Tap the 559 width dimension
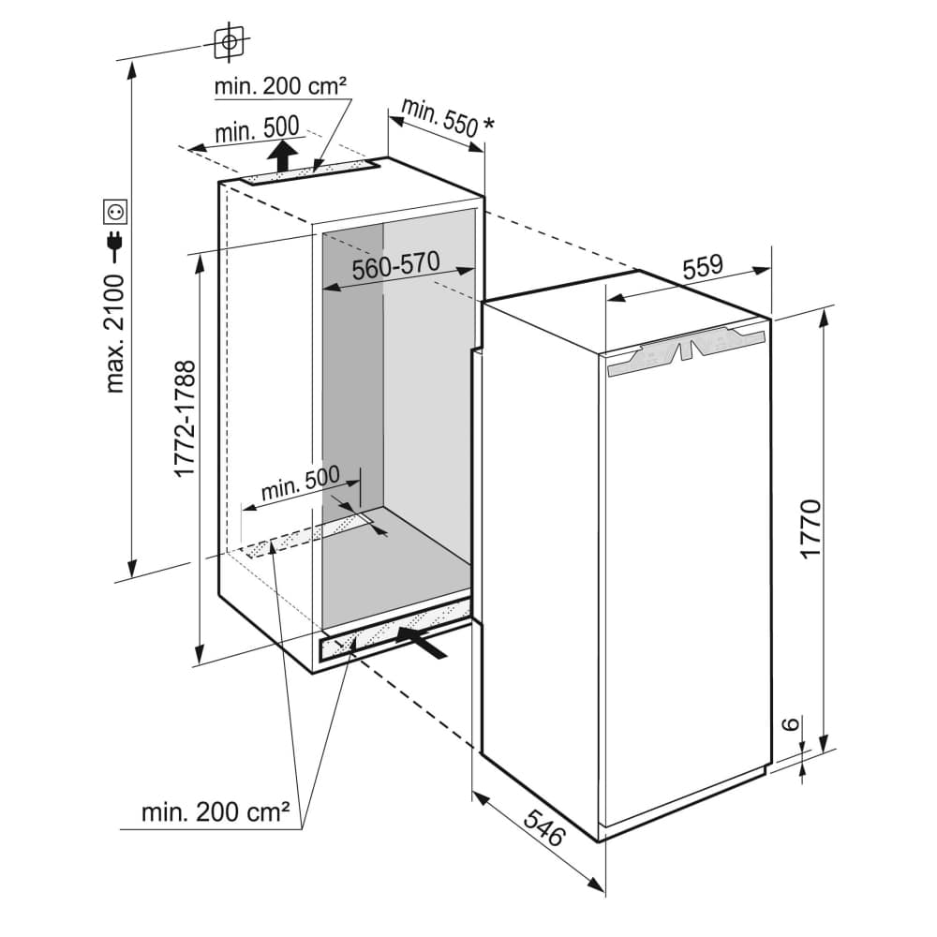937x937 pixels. pyautogui.click(x=702, y=266)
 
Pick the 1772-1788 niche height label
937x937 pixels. pyautogui.click(x=185, y=419)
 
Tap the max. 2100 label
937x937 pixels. pyautogui.click(x=116, y=334)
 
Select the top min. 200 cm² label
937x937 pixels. pyautogui.click(x=281, y=86)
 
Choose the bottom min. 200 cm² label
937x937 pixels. pyautogui.click(x=215, y=811)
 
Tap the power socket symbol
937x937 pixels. pyautogui.click(x=116, y=212)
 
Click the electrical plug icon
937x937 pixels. pyautogui.click(x=116, y=246)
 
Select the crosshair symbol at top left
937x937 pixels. pyautogui.click(x=229, y=41)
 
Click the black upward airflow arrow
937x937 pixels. pyautogui.click(x=283, y=153)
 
